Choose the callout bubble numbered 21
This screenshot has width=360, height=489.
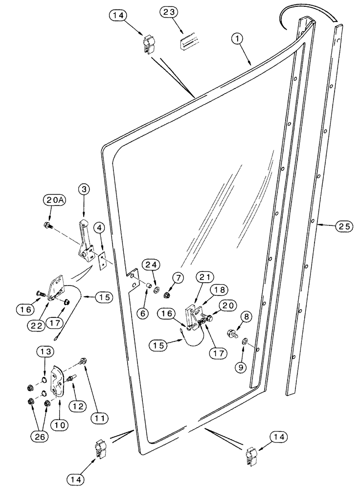[x=206, y=279]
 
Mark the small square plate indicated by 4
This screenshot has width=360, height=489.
[x=102, y=261]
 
